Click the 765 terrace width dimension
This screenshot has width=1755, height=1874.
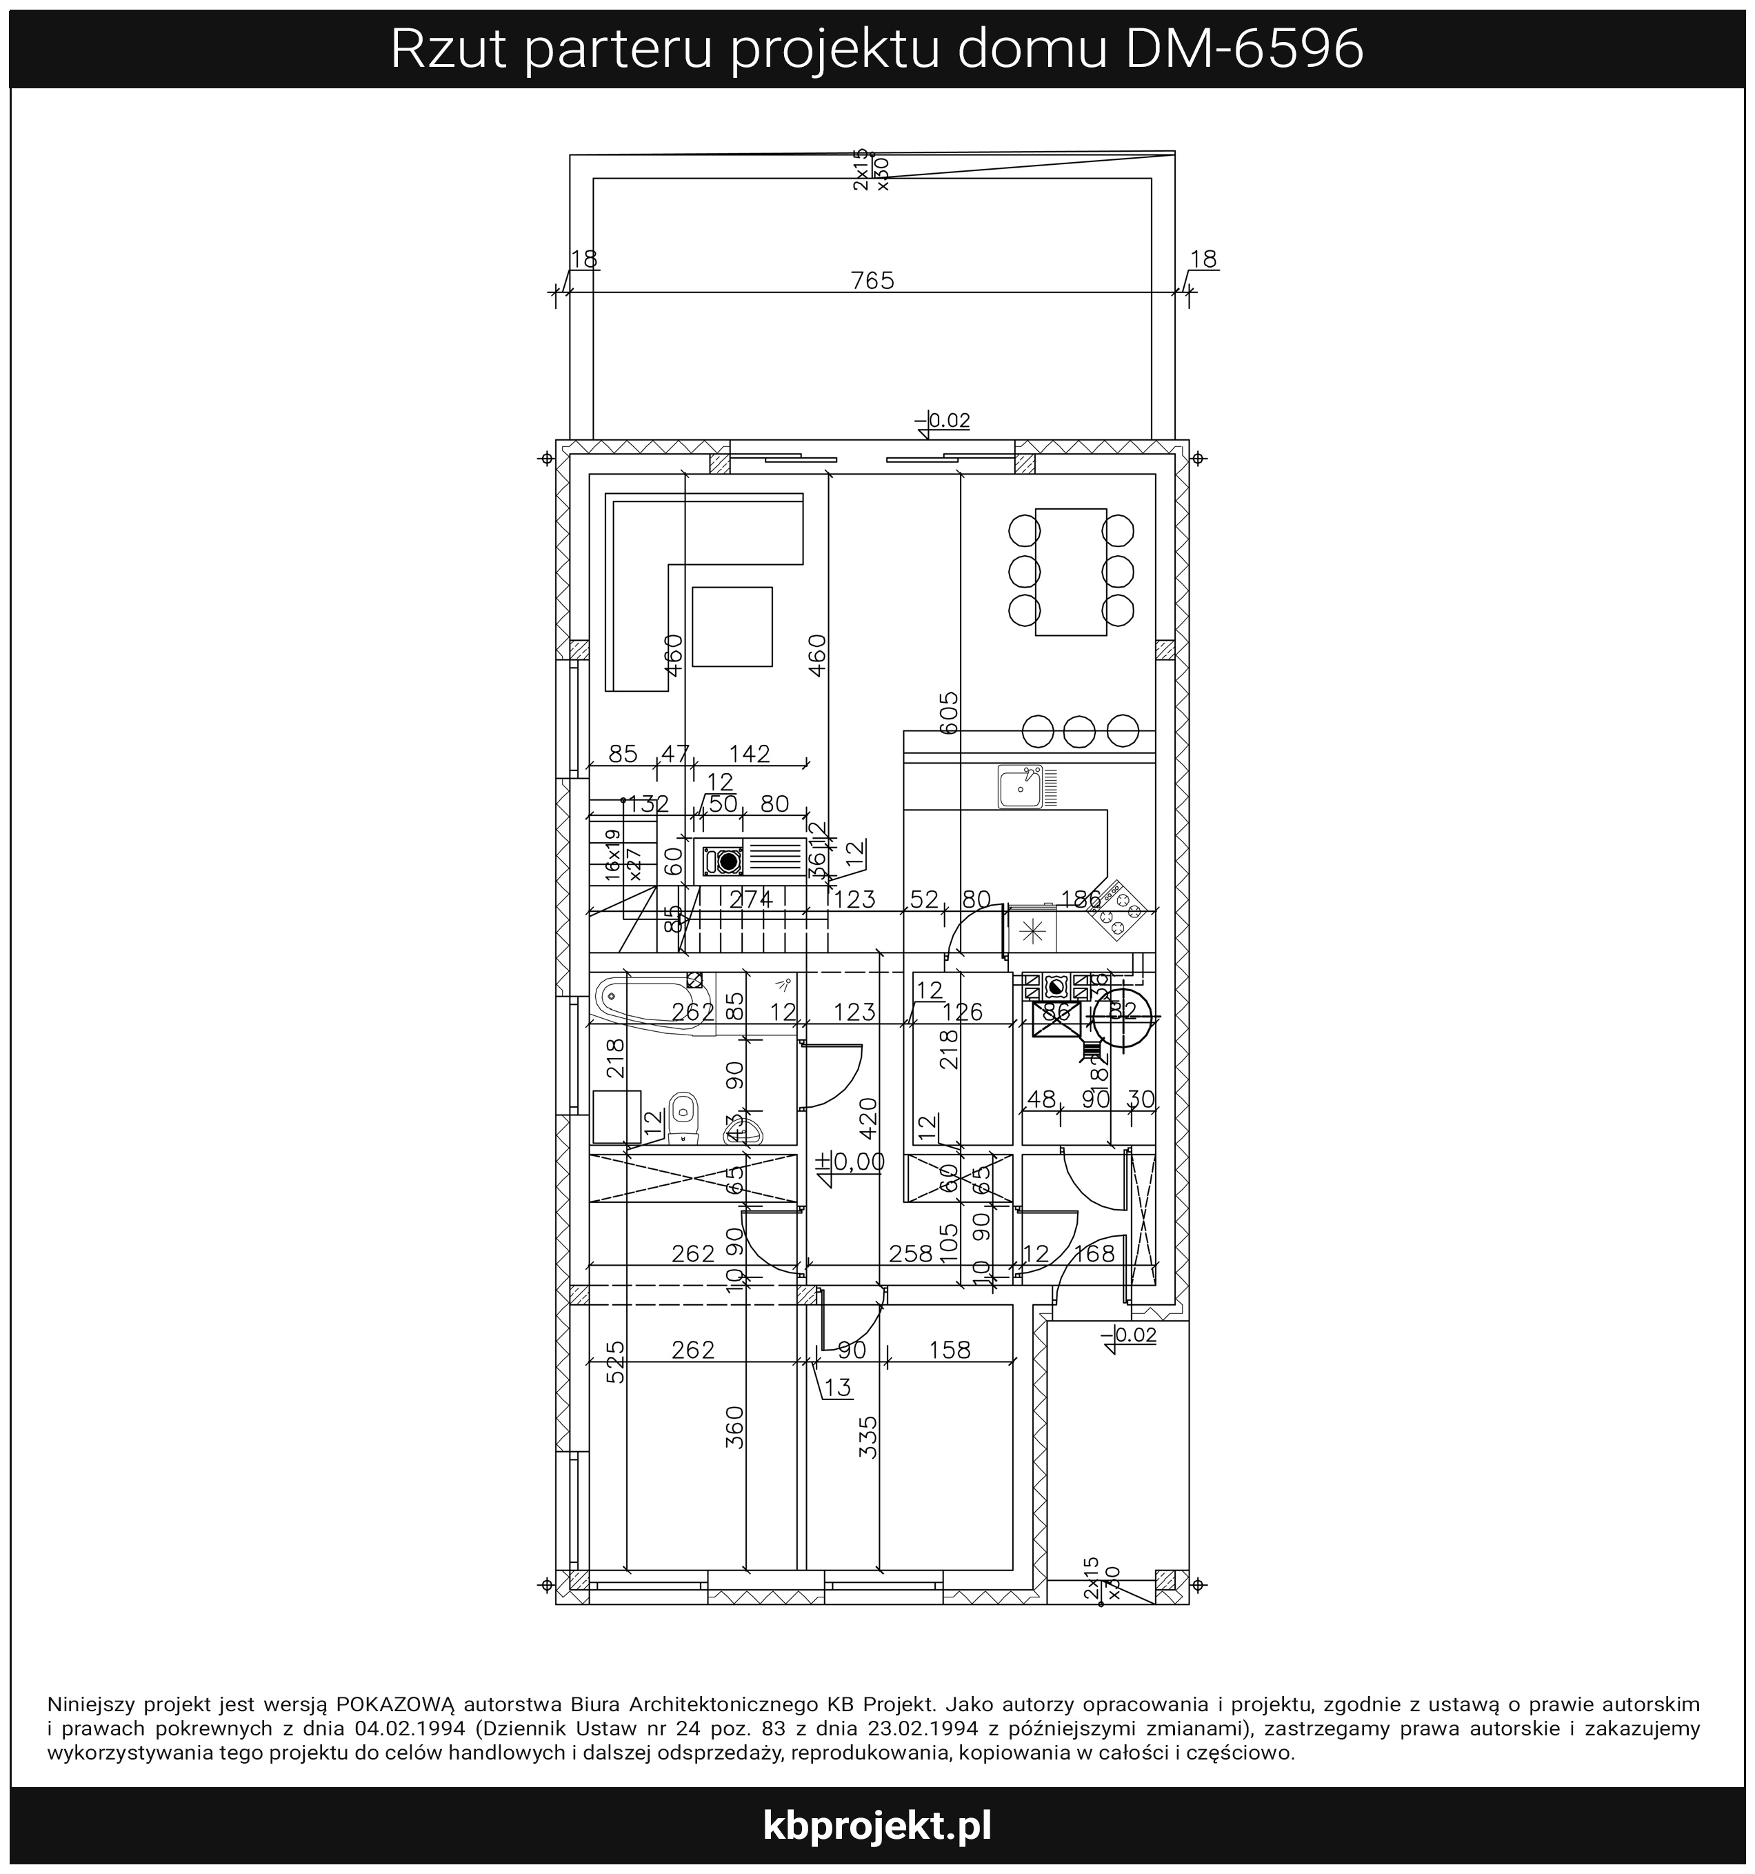tap(872, 281)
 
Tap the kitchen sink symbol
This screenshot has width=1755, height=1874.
tap(1022, 786)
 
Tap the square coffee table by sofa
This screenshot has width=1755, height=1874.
tap(732, 626)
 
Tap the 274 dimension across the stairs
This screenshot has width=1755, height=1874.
tap(751, 899)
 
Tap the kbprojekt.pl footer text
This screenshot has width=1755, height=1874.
tap(876, 1825)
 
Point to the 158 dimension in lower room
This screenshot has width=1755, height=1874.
tap(949, 1350)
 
